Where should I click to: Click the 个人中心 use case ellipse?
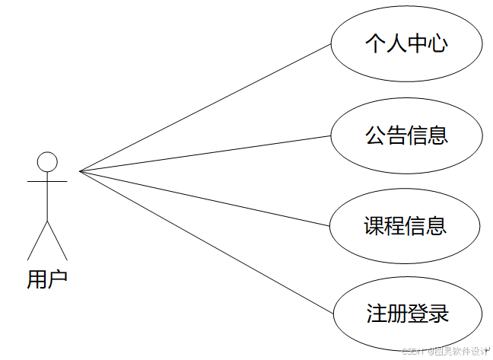pos(406,44)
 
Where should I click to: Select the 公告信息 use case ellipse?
pos(406,135)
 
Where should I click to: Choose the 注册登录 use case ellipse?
pos(407,314)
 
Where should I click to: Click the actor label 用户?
pos(47,279)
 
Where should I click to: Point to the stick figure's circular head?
pos(47,161)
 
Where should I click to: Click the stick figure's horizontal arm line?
pos(47,182)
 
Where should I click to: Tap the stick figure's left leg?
pos(37,241)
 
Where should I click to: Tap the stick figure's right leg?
pos(57,241)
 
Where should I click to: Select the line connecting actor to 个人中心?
pos(205,107)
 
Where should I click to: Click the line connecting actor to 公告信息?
pos(205,154)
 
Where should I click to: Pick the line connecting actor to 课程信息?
pos(205,199)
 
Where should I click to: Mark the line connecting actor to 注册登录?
pos(205,241)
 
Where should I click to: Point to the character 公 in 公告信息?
pos(375,135)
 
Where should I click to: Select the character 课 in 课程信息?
pos(374,226)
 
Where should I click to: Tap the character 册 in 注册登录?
pos(397,314)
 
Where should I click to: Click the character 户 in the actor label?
pos(58,279)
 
